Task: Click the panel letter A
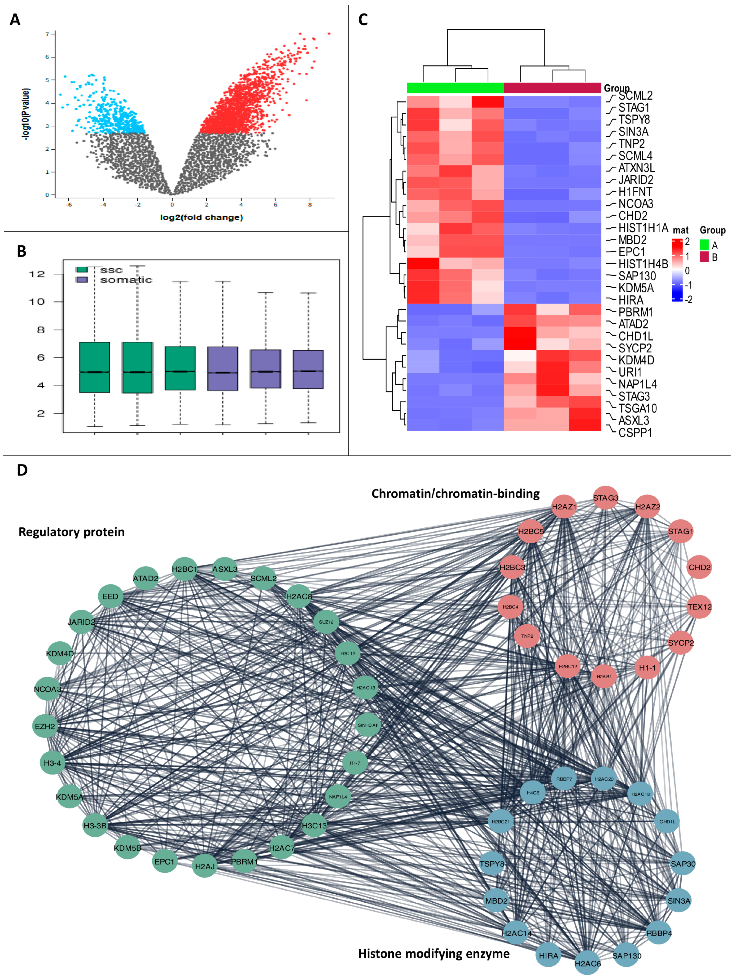tap(15, 20)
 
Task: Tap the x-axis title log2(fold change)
tap(202, 217)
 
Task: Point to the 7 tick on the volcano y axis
tap(47, 34)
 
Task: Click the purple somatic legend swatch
tap(82, 280)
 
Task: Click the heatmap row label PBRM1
tap(635, 312)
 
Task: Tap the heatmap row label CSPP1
tap(635, 433)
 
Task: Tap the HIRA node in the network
tap(548, 956)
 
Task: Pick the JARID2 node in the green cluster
tap(82, 622)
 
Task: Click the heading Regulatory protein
tap(71, 532)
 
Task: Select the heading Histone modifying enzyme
tap(434, 954)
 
